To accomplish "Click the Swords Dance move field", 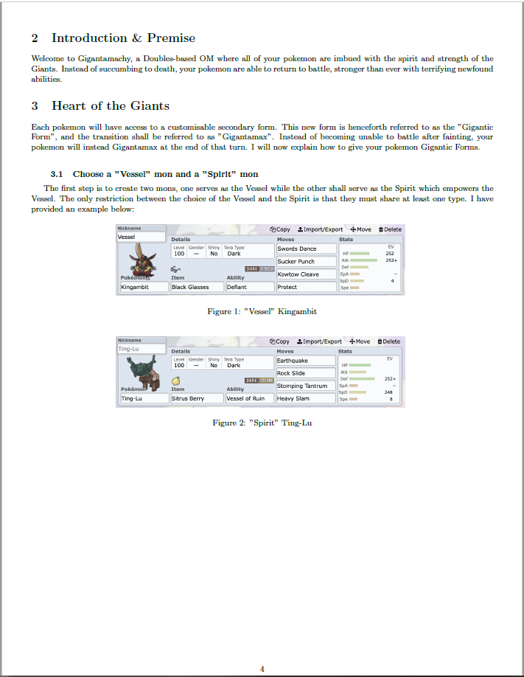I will [x=304, y=249].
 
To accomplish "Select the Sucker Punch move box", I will [x=304, y=261].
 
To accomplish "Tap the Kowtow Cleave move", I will [x=304, y=274].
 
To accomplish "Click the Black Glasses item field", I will [x=196, y=287].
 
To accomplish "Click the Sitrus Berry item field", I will [x=196, y=398].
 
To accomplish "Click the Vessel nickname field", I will [x=142, y=237].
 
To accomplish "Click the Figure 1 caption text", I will [x=262, y=311].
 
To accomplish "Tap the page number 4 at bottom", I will [x=262, y=669].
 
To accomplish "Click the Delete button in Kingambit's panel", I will [x=390, y=229].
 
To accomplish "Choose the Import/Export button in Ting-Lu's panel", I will [x=319, y=341].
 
